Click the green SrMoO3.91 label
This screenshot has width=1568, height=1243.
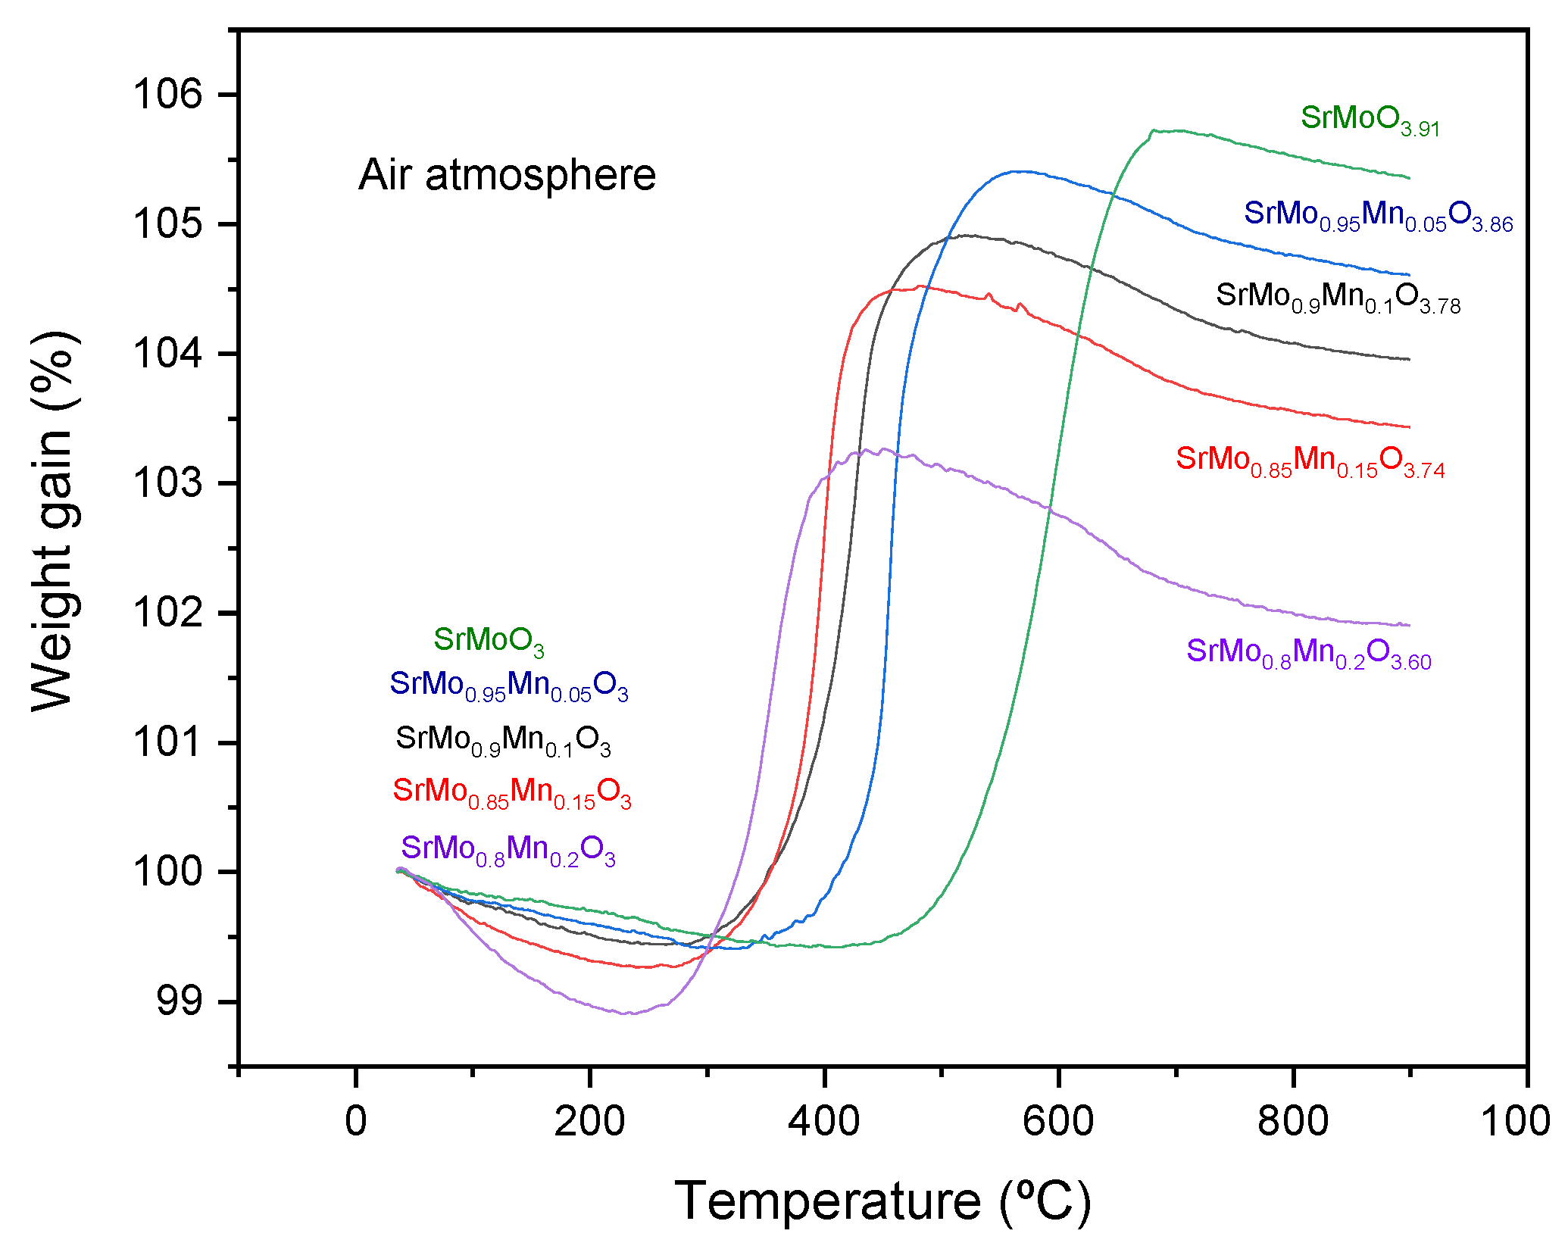(x=1370, y=120)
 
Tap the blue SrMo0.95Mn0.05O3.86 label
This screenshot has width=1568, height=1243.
(x=1378, y=215)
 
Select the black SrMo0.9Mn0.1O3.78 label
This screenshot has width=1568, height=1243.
(x=1338, y=297)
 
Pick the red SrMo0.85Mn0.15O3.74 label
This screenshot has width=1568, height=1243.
(x=1310, y=461)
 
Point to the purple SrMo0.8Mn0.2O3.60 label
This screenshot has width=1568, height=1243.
(x=1308, y=652)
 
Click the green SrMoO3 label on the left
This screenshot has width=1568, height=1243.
(x=489, y=641)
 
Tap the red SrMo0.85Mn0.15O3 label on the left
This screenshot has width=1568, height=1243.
(x=511, y=792)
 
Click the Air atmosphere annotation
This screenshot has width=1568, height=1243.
(x=507, y=176)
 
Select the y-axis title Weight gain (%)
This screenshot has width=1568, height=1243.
(x=53, y=520)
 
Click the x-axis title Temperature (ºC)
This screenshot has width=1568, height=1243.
(x=882, y=1201)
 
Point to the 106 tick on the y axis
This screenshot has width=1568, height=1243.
(x=168, y=95)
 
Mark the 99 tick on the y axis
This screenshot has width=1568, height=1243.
(x=180, y=1001)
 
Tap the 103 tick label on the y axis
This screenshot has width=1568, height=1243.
(x=168, y=483)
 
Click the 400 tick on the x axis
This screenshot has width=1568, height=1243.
(x=823, y=1121)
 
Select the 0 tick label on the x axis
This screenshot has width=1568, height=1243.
(x=355, y=1121)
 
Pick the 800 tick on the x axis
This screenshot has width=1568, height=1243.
(x=1292, y=1121)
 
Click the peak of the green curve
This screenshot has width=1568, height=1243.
(x=1154, y=130)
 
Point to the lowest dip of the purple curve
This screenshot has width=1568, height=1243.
(x=627, y=1013)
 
